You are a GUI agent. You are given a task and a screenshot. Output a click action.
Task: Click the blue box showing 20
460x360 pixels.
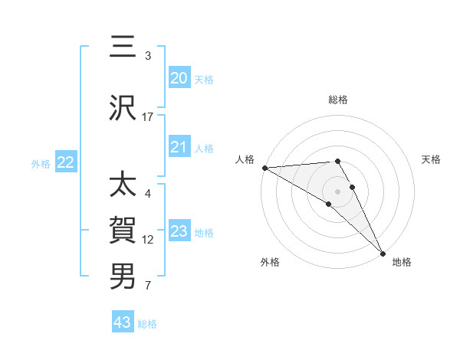(179, 78)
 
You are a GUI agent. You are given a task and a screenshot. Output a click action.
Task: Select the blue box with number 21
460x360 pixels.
(179, 147)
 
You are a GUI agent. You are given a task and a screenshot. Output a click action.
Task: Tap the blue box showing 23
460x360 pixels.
(179, 231)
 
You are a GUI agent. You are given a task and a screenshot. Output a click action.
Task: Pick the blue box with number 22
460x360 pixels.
(65, 162)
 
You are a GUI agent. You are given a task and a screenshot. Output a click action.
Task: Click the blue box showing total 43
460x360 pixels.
(122, 322)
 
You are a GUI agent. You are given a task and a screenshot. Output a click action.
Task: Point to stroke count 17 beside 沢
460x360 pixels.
(148, 117)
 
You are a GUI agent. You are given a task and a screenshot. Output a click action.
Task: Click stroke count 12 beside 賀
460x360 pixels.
(148, 240)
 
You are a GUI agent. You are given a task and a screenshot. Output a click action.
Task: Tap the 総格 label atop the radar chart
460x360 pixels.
(337, 100)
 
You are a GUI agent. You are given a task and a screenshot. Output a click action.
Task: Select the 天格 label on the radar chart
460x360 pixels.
(432, 159)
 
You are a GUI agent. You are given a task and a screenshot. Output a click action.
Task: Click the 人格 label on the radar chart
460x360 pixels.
(245, 159)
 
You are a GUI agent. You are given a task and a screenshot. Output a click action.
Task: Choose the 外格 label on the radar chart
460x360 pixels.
(270, 262)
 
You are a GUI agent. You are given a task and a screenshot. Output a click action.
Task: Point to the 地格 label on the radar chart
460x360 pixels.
(402, 262)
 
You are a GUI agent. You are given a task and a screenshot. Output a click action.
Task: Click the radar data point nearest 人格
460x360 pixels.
(264, 168)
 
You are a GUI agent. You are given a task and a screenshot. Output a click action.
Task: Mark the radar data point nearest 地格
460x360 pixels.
(382, 252)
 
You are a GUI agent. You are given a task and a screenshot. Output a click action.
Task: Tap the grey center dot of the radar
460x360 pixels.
(337, 190)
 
